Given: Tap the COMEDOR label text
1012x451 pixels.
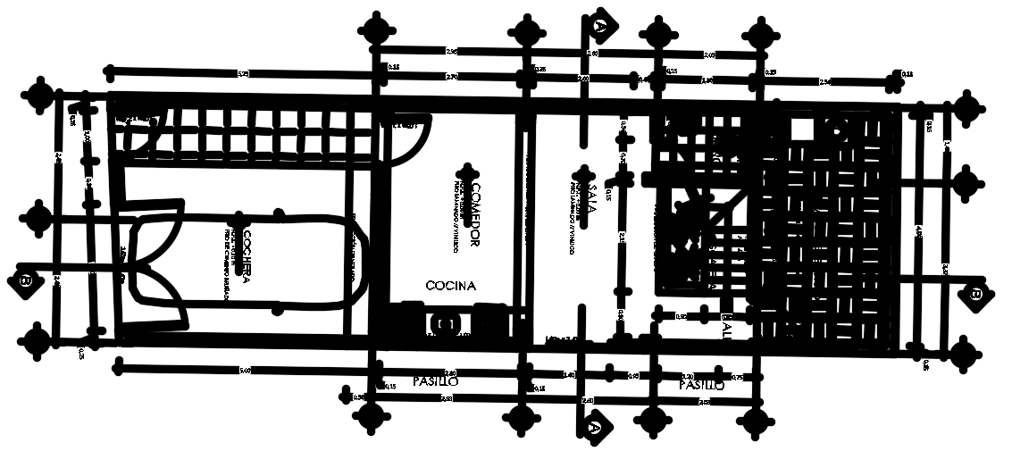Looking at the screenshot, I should [476, 215].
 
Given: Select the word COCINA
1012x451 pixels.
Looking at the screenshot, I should [451, 286].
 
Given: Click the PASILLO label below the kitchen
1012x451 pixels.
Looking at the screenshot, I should [436, 381].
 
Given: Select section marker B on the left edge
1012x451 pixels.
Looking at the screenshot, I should [26, 280].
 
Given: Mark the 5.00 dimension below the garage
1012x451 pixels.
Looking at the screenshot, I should [245, 369].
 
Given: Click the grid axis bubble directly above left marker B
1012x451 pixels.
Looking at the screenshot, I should [38, 217].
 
